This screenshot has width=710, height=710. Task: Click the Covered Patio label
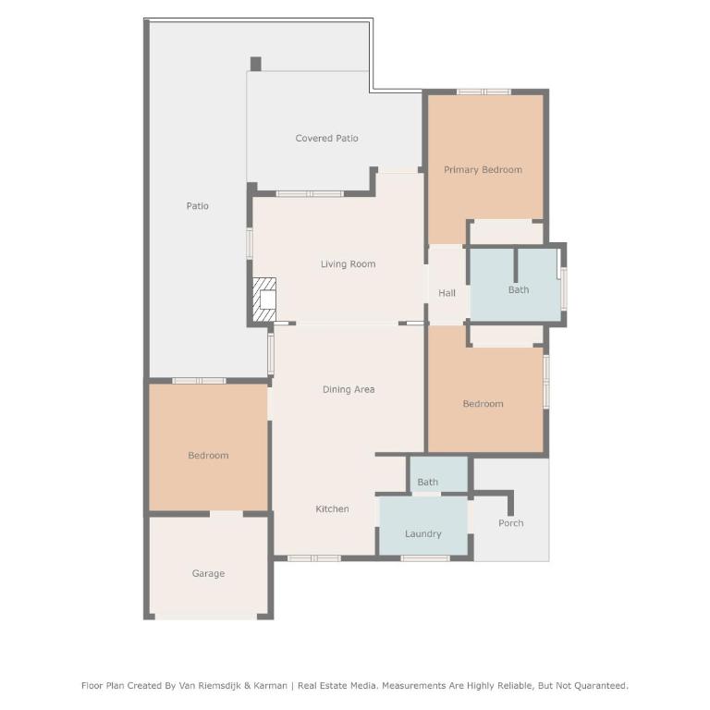tap(326, 138)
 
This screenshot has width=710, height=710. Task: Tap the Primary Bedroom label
tap(483, 170)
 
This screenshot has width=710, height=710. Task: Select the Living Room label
tap(348, 264)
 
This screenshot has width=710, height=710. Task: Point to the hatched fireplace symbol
tap(264, 300)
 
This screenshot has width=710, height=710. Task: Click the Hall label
tap(447, 293)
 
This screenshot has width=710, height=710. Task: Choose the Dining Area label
tap(349, 389)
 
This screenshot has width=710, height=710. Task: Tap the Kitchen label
tap(332, 509)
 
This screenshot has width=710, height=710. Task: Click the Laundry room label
tap(422, 533)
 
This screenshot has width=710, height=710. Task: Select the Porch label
tap(510, 523)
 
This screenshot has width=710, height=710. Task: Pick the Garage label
tap(208, 573)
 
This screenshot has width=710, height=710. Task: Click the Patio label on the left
tap(198, 206)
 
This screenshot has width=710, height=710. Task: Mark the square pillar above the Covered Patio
tap(256, 64)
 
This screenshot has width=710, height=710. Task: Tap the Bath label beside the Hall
tap(519, 289)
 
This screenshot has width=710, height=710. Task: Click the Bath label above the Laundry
tap(427, 483)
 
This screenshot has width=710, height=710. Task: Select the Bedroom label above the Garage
tap(208, 456)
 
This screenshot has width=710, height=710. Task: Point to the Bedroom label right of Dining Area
tap(483, 404)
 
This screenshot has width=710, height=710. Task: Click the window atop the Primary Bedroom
tap(484, 92)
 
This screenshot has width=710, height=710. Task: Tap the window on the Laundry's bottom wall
tap(425, 558)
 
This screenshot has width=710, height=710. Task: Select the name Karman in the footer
tap(270, 686)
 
